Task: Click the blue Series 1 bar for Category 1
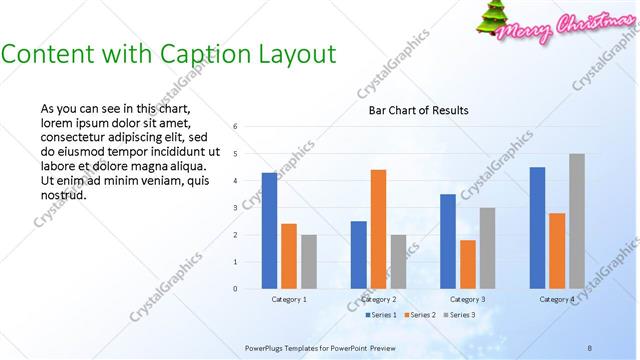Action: (x=269, y=230)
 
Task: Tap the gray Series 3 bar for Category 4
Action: (x=576, y=221)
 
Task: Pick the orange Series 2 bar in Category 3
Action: (x=467, y=264)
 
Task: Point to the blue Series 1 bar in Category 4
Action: (x=537, y=227)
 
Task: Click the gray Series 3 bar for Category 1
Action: (x=308, y=261)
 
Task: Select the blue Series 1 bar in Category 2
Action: (x=358, y=254)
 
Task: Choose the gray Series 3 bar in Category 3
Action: (x=487, y=248)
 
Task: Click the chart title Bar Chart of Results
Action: (x=412, y=110)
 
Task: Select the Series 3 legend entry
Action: (x=459, y=315)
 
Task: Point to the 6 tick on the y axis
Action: (x=234, y=127)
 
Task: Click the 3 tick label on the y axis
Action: (x=234, y=208)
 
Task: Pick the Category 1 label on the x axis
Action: (x=289, y=299)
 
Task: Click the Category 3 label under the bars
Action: (x=467, y=299)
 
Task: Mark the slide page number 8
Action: (x=590, y=347)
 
